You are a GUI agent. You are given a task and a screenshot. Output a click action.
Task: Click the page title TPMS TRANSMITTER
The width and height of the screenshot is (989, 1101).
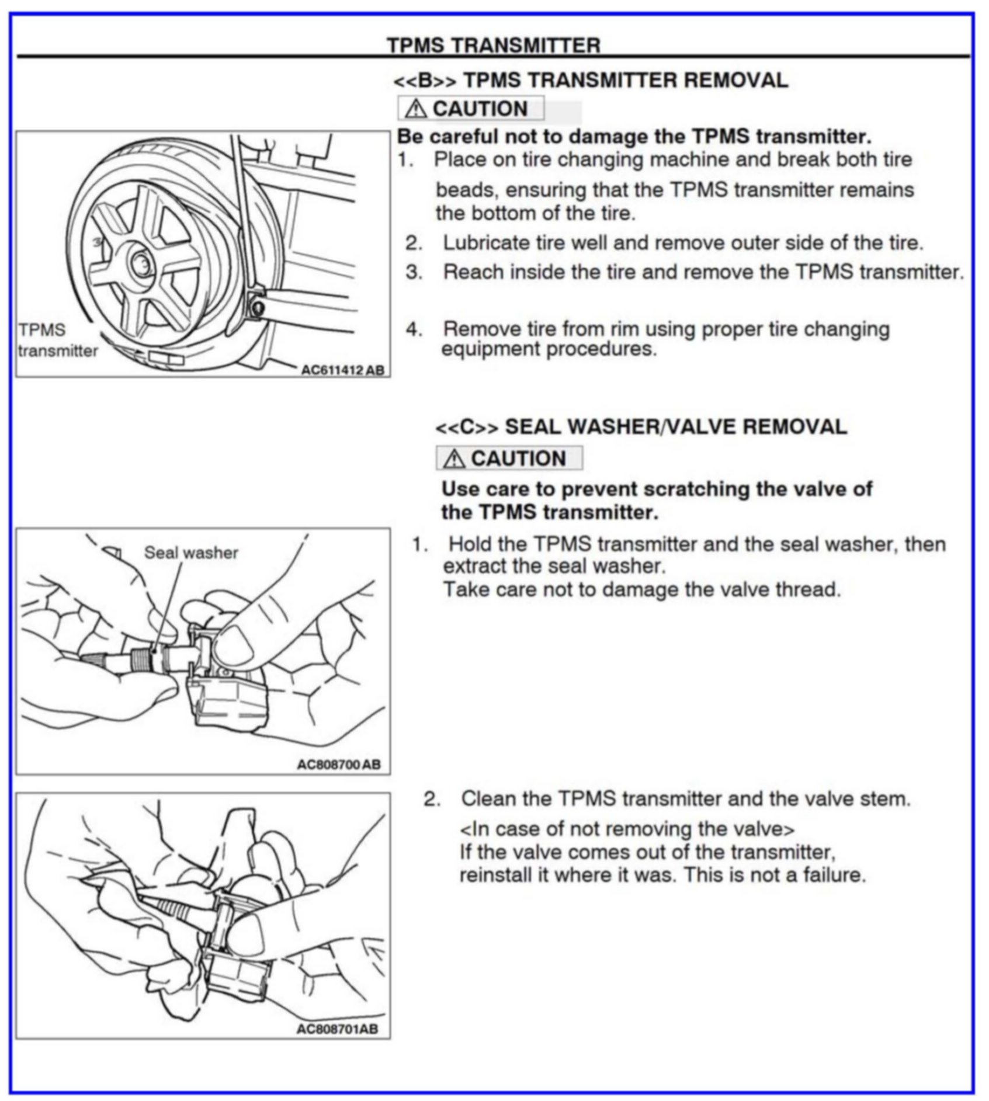(x=494, y=46)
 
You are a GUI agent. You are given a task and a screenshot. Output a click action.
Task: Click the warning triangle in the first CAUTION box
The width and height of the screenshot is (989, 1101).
(x=415, y=109)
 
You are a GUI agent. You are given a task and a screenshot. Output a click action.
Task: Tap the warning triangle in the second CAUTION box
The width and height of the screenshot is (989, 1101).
(x=454, y=459)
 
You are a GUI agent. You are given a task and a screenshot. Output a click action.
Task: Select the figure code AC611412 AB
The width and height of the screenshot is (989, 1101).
(x=342, y=370)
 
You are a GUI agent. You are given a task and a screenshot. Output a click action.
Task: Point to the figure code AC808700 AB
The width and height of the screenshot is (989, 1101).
(x=339, y=765)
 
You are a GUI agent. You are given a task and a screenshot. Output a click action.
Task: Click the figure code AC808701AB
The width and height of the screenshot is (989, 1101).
(x=337, y=1029)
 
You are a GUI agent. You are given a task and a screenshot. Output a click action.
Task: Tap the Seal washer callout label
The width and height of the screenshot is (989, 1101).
(x=191, y=553)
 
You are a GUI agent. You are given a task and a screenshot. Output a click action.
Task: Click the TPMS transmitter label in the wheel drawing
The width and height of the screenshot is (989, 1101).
(x=57, y=340)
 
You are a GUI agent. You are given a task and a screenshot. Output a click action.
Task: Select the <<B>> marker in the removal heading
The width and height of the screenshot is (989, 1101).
(x=425, y=80)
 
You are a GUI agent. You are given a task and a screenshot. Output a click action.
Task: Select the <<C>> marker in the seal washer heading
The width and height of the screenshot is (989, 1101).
(x=467, y=428)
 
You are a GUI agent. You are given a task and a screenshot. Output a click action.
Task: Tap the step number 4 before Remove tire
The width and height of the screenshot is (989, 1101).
(x=414, y=329)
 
